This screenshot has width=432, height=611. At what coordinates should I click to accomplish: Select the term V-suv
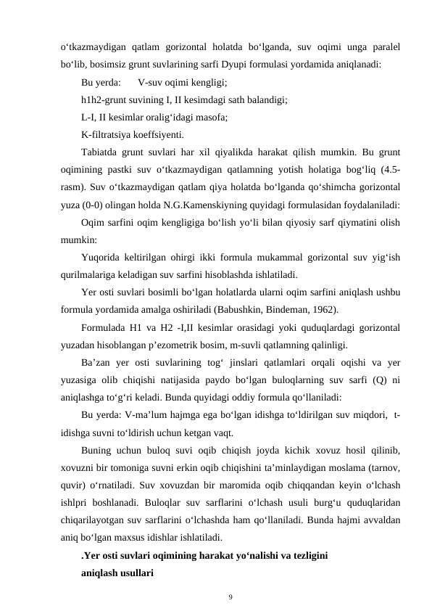pos(151,82)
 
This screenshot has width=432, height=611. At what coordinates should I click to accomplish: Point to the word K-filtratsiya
pos(109,134)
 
